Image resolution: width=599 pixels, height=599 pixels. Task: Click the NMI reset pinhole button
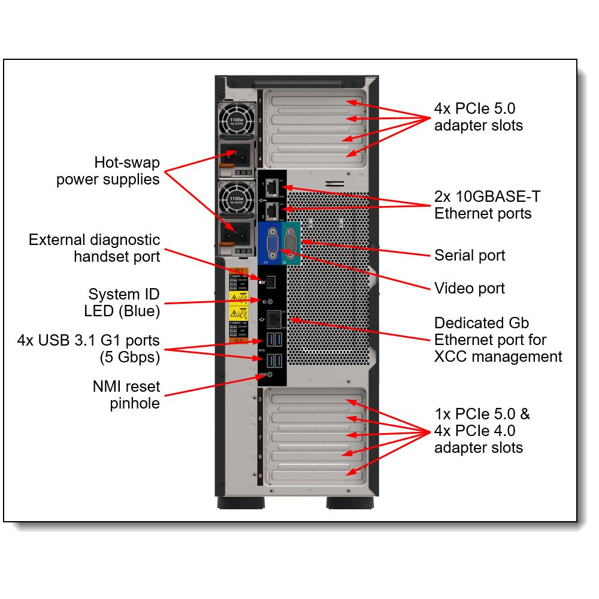pos(270,374)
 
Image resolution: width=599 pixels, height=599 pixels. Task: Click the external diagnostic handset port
pos(271,280)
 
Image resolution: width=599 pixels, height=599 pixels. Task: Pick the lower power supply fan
pos(236,197)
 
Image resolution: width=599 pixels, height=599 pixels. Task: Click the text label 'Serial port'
pos(470,256)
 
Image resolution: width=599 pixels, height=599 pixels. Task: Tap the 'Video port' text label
pos(470,289)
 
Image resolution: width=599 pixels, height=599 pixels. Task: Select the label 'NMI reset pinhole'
pos(126,395)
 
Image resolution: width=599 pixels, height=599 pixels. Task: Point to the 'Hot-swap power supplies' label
pos(109,171)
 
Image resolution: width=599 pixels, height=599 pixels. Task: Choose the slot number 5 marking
pos(260,398)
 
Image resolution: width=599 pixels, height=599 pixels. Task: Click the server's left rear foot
pos(240,503)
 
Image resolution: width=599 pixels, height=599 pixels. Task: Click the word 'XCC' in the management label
pos(450,357)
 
